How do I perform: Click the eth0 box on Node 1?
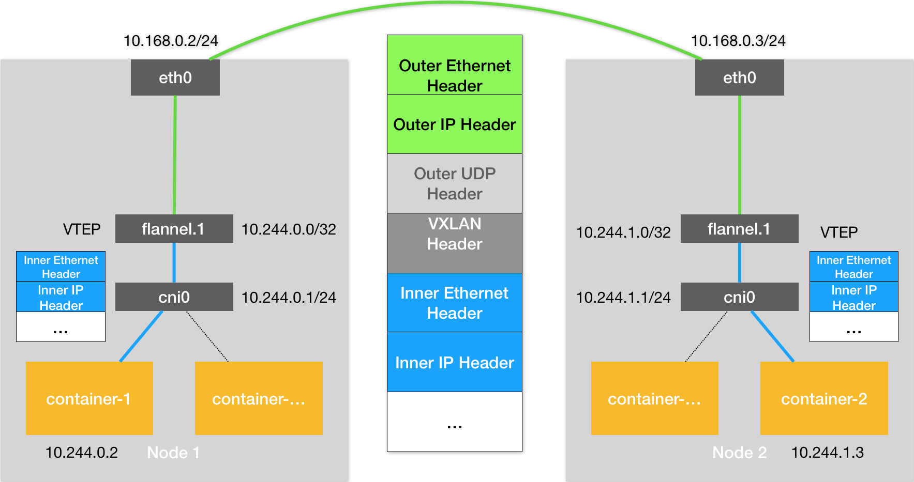point(175,77)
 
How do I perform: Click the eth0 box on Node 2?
point(739,77)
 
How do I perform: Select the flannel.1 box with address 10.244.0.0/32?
point(174,229)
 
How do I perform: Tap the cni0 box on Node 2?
point(739,297)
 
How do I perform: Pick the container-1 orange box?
point(89,398)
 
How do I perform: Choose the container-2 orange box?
point(823,398)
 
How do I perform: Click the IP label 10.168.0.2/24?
point(171,41)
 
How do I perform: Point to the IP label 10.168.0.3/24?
point(738,41)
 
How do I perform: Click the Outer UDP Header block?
point(454,183)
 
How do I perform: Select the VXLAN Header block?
point(454,243)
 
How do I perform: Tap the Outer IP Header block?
point(454,125)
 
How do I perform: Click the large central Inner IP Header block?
point(454,362)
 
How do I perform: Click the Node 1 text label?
point(173,453)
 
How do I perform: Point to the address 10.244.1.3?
point(827,453)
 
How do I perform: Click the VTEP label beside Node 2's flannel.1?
point(838,232)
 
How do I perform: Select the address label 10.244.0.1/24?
point(289,298)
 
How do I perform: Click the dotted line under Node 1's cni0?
point(207,336)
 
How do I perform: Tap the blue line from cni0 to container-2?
point(772,336)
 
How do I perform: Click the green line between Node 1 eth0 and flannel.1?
point(175,155)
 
